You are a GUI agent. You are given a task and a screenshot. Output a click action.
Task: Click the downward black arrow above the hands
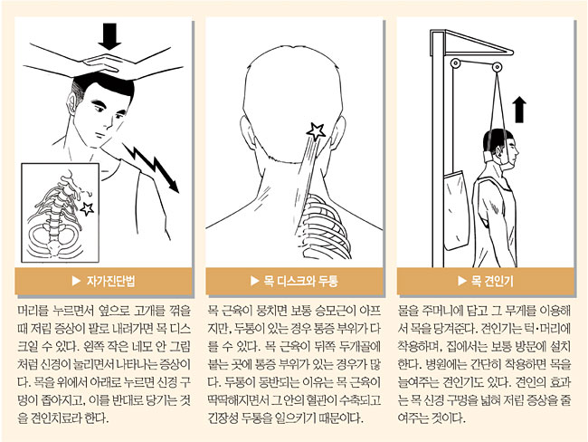[x=109, y=36]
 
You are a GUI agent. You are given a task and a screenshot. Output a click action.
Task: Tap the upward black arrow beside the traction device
[x=519, y=110]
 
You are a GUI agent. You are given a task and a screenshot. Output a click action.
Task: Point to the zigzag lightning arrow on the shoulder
[x=151, y=168]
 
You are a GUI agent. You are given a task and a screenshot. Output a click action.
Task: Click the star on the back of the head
[x=316, y=131]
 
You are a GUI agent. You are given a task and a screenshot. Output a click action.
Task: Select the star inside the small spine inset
[x=88, y=208]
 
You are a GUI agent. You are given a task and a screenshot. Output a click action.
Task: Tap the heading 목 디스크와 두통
[x=300, y=281]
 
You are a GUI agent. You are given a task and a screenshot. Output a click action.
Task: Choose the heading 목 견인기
[x=492, y=281]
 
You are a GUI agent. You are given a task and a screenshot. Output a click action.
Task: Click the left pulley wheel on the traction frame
[x=455, y=63]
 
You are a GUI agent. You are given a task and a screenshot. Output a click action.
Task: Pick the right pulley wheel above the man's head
[x=497, y=67]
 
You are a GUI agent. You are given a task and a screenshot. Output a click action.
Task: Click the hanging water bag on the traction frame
[x=454, y=210]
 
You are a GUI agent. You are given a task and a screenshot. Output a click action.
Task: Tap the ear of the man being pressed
[x=72, y=102]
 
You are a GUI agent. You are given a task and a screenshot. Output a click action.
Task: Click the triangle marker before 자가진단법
[x=76, y=281]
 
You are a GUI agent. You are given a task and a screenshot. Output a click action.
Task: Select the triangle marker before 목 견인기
[x=461, y=281]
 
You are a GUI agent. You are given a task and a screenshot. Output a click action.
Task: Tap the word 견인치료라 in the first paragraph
[x=54, y=418]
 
